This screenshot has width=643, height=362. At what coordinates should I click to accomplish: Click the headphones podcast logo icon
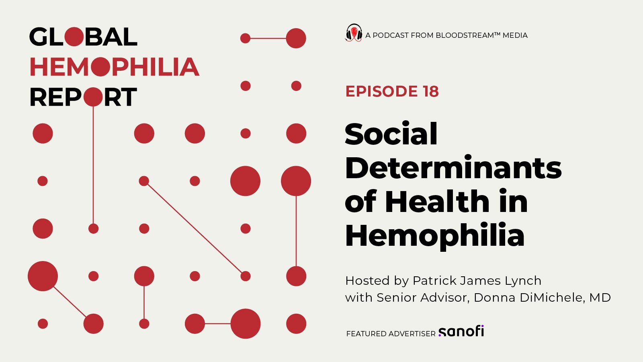(x=354, y=33)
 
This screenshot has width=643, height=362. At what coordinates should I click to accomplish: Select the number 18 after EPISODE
(x=430, y=92)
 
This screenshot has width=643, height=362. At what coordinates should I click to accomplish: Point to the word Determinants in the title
(x=453, y=168)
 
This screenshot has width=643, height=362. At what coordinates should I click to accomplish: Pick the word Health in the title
(x=437, y=202)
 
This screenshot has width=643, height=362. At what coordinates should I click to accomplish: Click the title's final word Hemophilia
(x=435, y=235)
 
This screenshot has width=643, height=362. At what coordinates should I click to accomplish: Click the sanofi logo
(x=461, y=331)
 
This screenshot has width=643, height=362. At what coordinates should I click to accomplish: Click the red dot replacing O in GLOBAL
(x=74, y=37)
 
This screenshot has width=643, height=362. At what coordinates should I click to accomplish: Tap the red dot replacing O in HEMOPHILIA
(x=100, y=67)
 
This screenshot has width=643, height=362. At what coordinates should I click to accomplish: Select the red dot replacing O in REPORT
(x=93, y=97)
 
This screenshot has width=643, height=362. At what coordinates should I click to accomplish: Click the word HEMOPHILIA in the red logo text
(x=115, y=67)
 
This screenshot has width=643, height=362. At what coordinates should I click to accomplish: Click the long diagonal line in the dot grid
(x=195, y=228)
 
